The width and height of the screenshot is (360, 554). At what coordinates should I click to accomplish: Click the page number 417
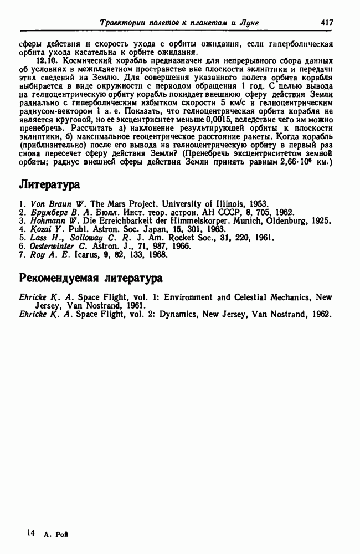pyautogui.click(x=326, y=23)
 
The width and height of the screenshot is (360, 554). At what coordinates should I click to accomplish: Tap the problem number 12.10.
pyautogui.click(x=46, y=59)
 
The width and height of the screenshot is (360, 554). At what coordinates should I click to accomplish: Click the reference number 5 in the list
pyautogui.click(x=21, y=237)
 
